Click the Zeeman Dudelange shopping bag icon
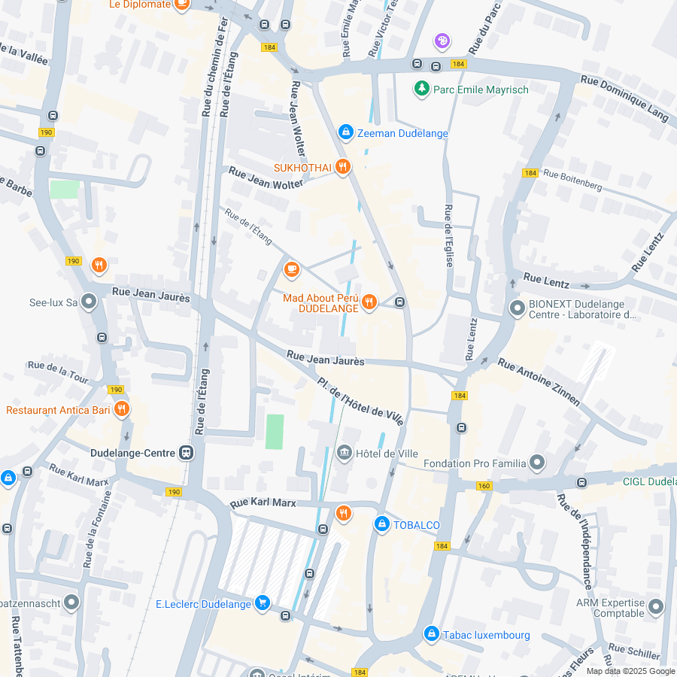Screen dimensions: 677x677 345,132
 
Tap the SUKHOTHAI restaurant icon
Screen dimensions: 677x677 343,166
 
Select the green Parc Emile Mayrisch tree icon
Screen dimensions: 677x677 421,90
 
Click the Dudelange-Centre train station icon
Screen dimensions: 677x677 186,453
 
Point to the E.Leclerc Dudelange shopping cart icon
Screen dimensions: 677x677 262,603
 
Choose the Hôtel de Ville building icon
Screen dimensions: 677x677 345,453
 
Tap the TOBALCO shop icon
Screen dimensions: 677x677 381,524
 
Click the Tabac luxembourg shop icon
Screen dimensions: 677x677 431,634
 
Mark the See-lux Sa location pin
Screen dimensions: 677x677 90,302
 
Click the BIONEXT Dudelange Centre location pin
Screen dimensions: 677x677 517,308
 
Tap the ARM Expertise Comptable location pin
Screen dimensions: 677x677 655,607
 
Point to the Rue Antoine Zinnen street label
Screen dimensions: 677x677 539,381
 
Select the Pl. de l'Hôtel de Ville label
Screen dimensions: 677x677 360,401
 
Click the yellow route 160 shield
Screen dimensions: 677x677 484,486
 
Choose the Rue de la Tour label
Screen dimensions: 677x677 58,371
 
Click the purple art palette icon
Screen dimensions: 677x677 442,40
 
